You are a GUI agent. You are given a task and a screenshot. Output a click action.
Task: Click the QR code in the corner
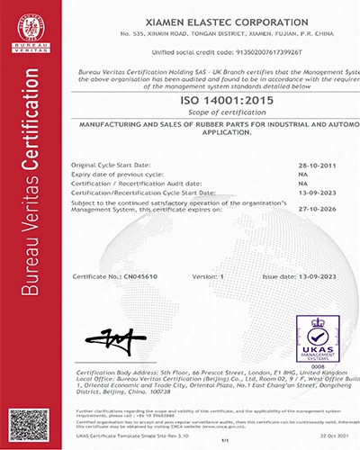pos(23,422)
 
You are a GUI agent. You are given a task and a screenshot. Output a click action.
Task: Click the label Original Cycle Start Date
pos(111,166)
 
